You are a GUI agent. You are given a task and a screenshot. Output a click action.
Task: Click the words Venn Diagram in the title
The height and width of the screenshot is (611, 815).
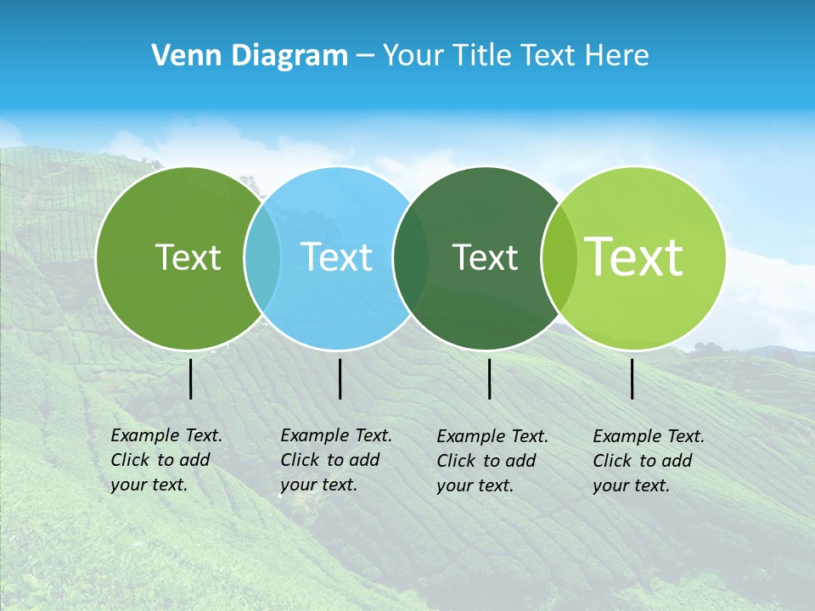pyautogui.click(x=250, y=56)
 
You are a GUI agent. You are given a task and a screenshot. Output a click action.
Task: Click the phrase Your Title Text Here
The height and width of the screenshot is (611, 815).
pyautogui.click(x=515, y=56)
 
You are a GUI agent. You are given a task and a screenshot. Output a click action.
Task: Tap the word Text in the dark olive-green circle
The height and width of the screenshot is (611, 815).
pyautogui.click(x=188, y=257)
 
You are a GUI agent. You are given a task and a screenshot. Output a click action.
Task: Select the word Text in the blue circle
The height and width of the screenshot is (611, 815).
pyautogui.click(x=337, y=257)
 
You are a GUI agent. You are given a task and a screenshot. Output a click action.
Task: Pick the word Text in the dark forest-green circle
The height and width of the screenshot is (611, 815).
pyautogui.click(x=485, y=257)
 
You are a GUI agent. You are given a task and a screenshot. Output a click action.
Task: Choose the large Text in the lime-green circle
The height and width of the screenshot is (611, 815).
pyautogui.click(x=634, y=257)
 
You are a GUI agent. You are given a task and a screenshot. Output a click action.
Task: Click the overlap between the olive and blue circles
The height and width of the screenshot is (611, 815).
pyautogui.click(x=262, y=258)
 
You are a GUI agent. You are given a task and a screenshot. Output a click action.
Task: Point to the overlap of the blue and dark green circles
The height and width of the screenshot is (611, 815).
pyautogui.click(x=411, y=258)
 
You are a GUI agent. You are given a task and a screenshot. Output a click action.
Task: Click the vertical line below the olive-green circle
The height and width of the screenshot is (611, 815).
pyautogui.click(x=190, y=378)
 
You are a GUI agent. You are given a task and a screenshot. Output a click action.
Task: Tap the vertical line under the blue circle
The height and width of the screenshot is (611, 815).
pyautogui.click(x=340, y=378)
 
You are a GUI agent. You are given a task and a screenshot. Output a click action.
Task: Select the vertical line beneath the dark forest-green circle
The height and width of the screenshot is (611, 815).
pyautogui.click(x=489, y=378)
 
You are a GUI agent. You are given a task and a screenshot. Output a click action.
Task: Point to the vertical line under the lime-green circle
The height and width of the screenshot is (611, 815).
pyautogui.click(x=632, y=378)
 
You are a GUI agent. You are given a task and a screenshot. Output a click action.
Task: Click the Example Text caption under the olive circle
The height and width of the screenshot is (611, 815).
pyautogui.click(x=166, y=460)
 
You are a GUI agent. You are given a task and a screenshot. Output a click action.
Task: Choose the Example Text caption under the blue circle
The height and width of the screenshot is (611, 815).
pyautogui.click(x=335, y=460)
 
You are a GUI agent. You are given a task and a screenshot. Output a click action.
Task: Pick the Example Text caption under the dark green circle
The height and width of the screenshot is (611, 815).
pyautogui.click(x=492, y=461)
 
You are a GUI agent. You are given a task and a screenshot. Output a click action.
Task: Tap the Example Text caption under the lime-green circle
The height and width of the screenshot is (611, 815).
pyautogui.click(x=648, y=461)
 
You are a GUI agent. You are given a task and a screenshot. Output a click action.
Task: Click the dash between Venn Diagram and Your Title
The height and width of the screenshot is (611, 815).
pyautogui.click(x=365, y=57)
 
